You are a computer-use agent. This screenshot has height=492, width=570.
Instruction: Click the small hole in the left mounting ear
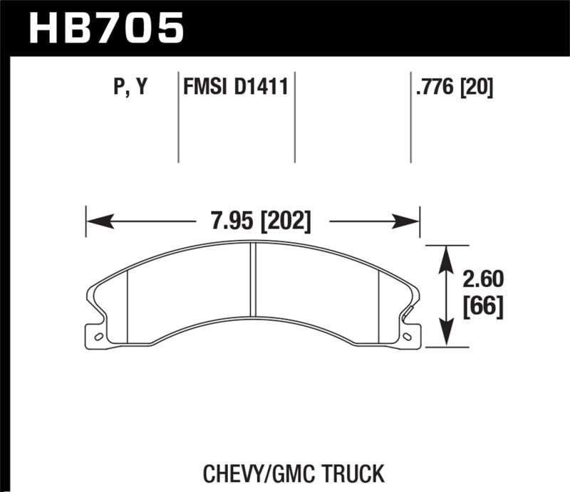click(x=99, y=335)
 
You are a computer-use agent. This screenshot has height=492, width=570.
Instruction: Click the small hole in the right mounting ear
click(x=407, y=335)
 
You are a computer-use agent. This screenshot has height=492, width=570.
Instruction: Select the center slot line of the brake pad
click(x=253, y=281)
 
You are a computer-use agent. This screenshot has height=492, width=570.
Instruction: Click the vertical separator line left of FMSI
click(x=177, y=117)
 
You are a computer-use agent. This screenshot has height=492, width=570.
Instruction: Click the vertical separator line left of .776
click(x=411, y=117)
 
